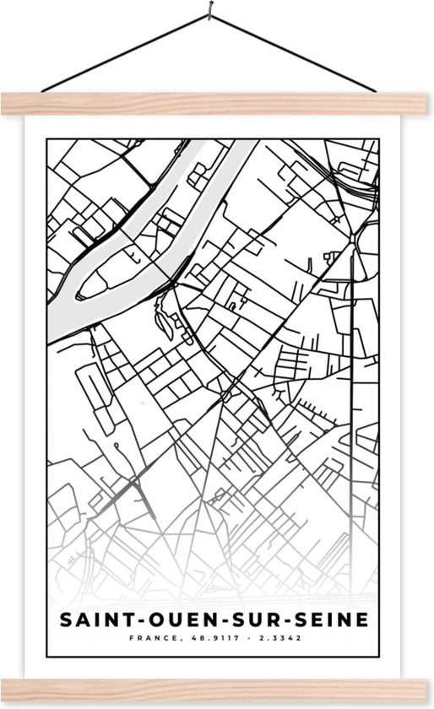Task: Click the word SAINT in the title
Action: pos(95,620)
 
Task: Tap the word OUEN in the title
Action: pos(173,620)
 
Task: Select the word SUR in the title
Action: pos(246,620)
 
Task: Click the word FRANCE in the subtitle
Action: pos(155,640)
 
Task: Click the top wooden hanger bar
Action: pos(217,102)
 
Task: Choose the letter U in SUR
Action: pos(246,620)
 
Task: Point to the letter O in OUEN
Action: pos(151,620)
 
